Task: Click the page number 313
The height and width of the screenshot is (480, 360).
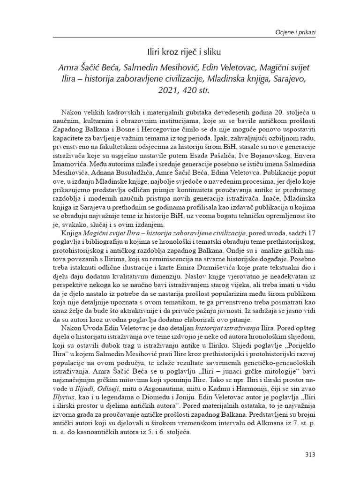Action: [309, 454]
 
